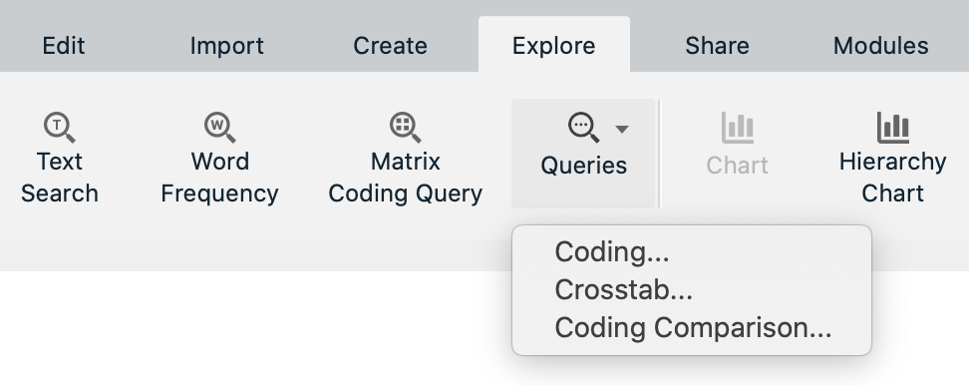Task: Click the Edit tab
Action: (x=64, y=46)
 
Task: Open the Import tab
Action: (x=226, y=46)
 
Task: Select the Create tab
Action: (x=390, y=46)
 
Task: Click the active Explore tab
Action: (x=553, y=46)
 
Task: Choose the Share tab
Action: (x=717, y=46)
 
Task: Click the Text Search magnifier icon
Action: (x=60, y=127)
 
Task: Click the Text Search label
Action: (x=60, y=178)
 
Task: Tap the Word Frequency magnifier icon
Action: (x=219, y=127)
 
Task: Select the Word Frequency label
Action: (x=219, y=178)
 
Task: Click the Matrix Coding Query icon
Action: (x=405, y=127)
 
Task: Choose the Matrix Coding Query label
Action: (x=405, y=178)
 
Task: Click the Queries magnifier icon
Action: (x=583, y=128)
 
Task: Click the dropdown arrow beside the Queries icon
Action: (x=622, y=129)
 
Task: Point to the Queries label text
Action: (x=583, y=166)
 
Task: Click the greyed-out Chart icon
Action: (x=738, y=128)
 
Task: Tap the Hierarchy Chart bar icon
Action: (x=892, y=128)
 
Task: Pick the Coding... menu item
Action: (x=612, y=251)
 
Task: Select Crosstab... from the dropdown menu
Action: (x=623, y=289)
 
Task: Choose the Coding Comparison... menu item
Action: (x=693, y=327)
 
